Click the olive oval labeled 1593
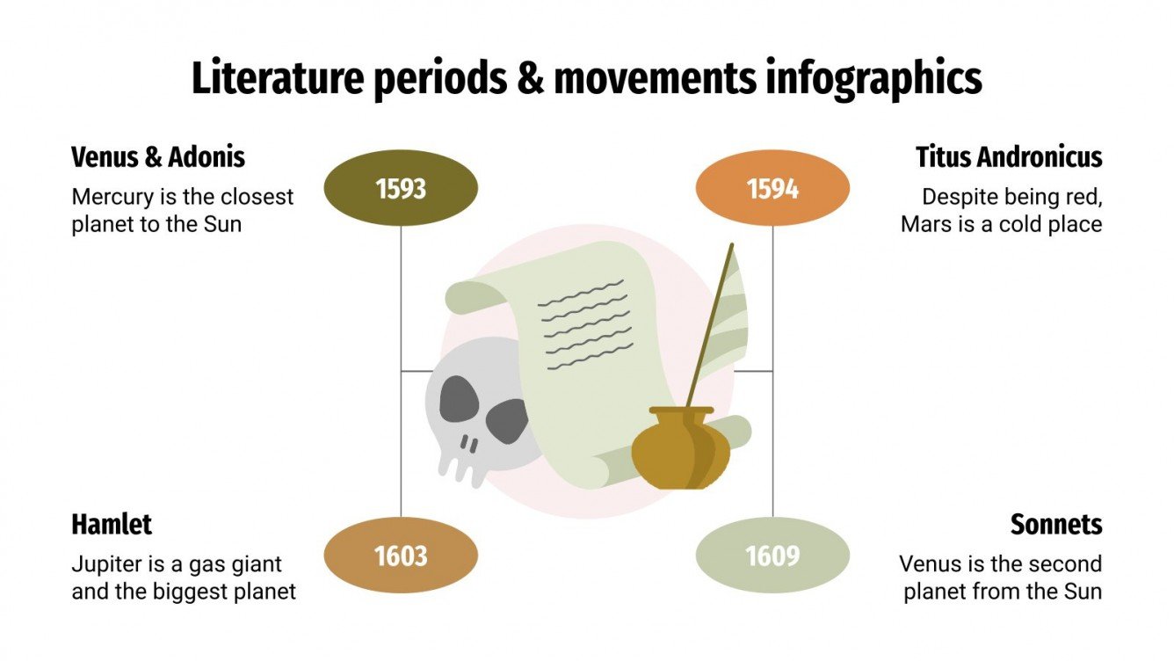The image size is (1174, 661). [x=401, y=189]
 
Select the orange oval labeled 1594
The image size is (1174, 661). [x=772, y=189]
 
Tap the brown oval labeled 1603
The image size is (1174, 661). [x=401, y=556]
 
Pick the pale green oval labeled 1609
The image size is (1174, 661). [x=772, y=556]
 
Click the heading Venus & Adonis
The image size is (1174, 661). [x=158, y=157]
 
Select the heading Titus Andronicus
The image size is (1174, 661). [x=1009, y=157]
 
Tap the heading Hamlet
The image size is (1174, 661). [x=112, y=525]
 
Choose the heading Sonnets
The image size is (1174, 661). [x=1056, y=525]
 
